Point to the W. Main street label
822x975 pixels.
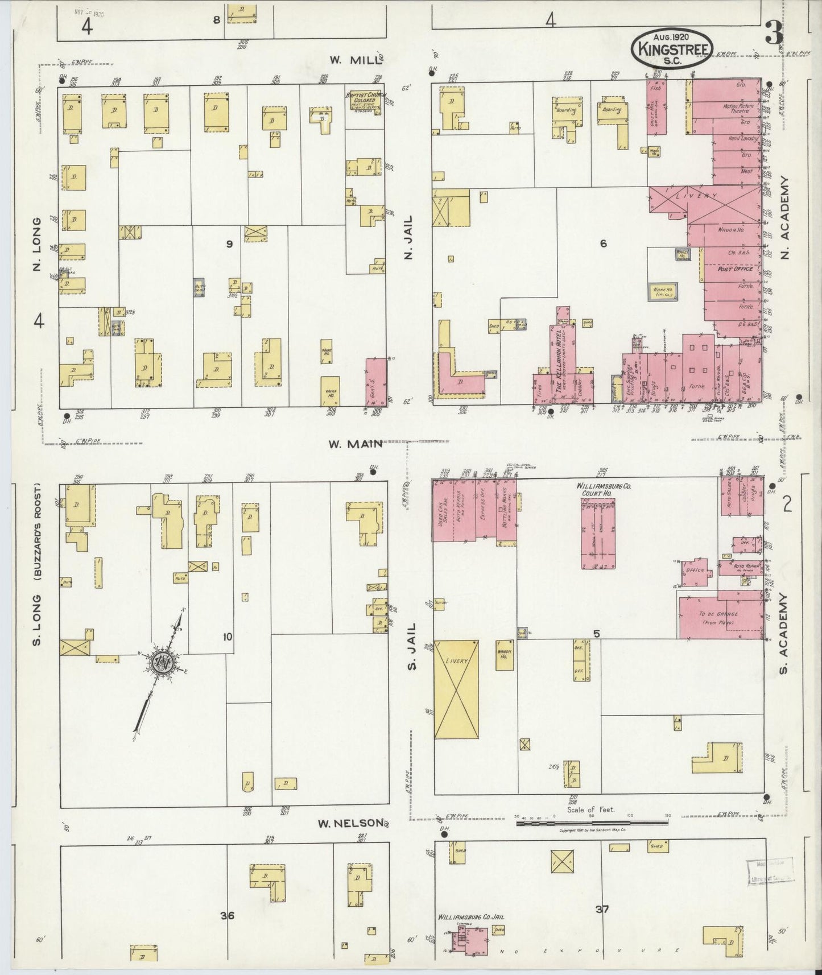354,444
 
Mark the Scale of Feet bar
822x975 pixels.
592,823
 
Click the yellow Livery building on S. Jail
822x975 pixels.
456,689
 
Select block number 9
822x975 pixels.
229,244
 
